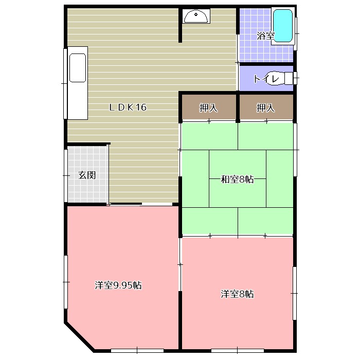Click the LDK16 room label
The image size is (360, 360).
(x=128, y=107)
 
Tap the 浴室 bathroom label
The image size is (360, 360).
(x=265, y=36)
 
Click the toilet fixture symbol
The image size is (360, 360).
(x=280, y=78)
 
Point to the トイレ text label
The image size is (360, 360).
(x=266, y=79)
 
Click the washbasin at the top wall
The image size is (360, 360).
(x=195, y=17)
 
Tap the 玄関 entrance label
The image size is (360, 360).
(x=87, y=175)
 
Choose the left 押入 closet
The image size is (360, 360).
(x=208, y=108)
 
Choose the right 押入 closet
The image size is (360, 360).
(x=265, y=108)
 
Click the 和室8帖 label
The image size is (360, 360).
(x=237, y=179)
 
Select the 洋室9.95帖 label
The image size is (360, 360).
(x=118, y=285)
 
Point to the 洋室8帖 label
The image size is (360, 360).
(x=237, y=294)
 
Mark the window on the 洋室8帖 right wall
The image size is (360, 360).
(x=295, y=293)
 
